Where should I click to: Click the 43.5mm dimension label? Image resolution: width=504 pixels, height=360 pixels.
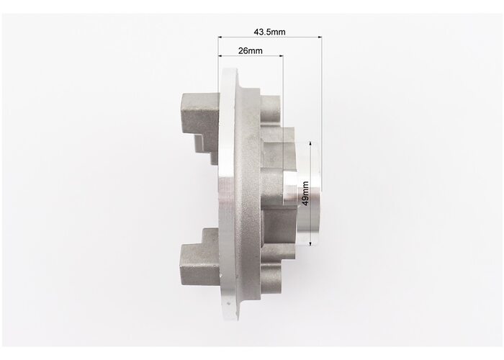point(269,32)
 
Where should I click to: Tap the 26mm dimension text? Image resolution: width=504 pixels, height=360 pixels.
point(250,51)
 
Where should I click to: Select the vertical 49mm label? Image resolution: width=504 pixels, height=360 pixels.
point(305,194)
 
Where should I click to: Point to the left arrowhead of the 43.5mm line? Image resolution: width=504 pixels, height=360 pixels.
point(220,37)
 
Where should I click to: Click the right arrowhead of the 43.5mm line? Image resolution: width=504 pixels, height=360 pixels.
point(320,37)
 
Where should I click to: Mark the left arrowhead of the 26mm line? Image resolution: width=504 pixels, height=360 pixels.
point(220,56)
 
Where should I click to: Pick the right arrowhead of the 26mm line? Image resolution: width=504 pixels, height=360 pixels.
point(282,56)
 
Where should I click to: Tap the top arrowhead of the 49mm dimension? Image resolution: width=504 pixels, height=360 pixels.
point(310,143)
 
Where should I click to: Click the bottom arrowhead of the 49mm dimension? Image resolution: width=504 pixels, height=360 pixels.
point(310,244)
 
